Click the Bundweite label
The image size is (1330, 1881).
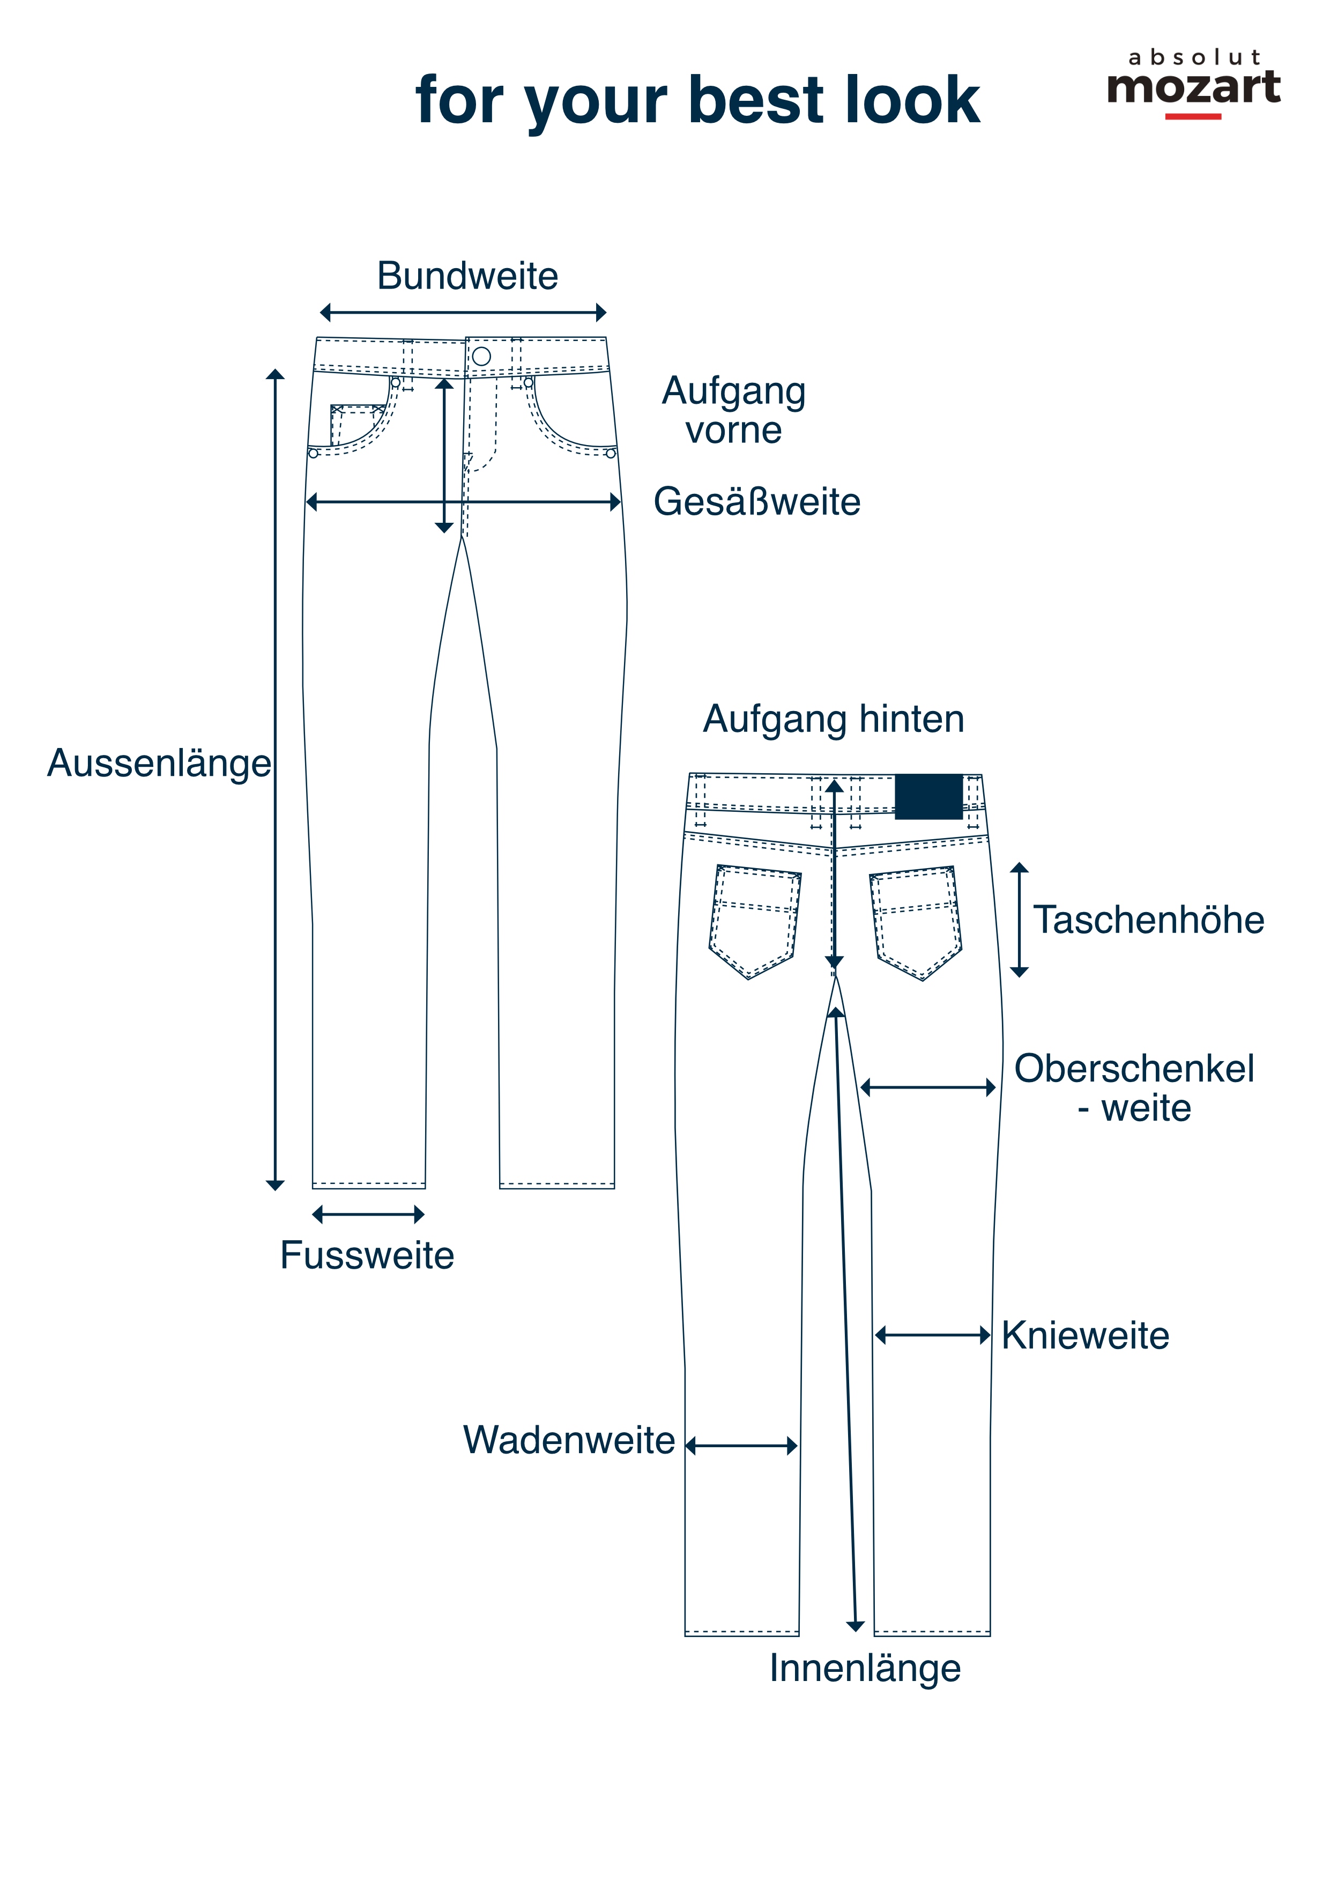pos(467,276)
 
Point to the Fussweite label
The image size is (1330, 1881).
pos(367,1256)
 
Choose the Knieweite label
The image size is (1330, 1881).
pos(1085,1335)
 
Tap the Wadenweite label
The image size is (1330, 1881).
pos(569,1440)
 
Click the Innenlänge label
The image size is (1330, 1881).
pos(865,1669)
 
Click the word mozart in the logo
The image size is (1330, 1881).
pos(1193,87)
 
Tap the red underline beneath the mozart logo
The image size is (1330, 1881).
pos(1193,116)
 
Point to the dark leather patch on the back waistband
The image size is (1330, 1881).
pos(928,796)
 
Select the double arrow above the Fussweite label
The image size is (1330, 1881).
pos(368,1214)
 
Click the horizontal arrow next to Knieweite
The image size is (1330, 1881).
pos(933,1335)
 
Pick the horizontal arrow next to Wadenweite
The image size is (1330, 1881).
pos(741,1446)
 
